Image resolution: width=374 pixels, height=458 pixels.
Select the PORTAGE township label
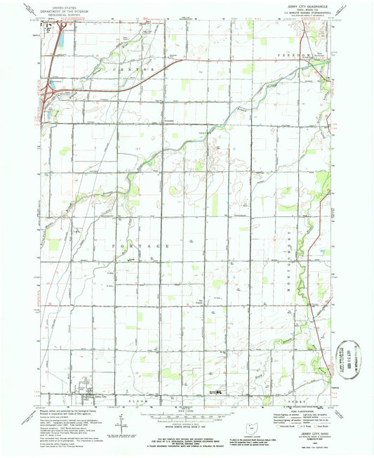click(139, 247)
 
